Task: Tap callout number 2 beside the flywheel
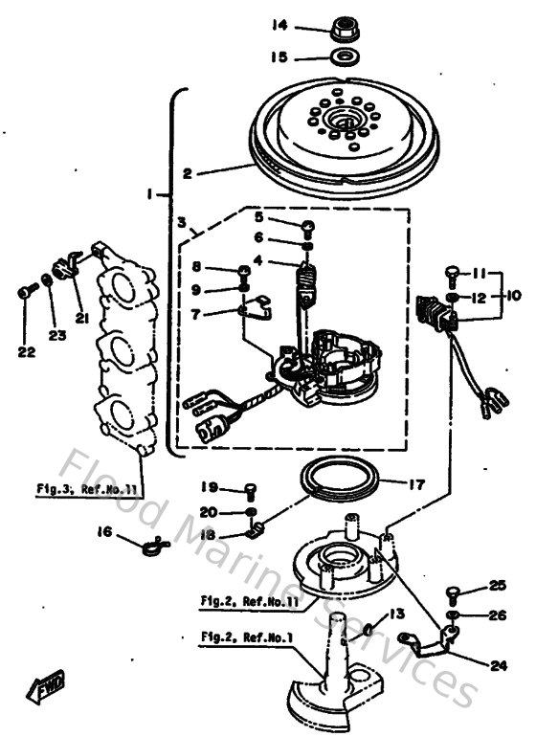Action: coord(189,174)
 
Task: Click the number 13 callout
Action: coord(394,614)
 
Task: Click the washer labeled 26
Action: coord(454,614)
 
